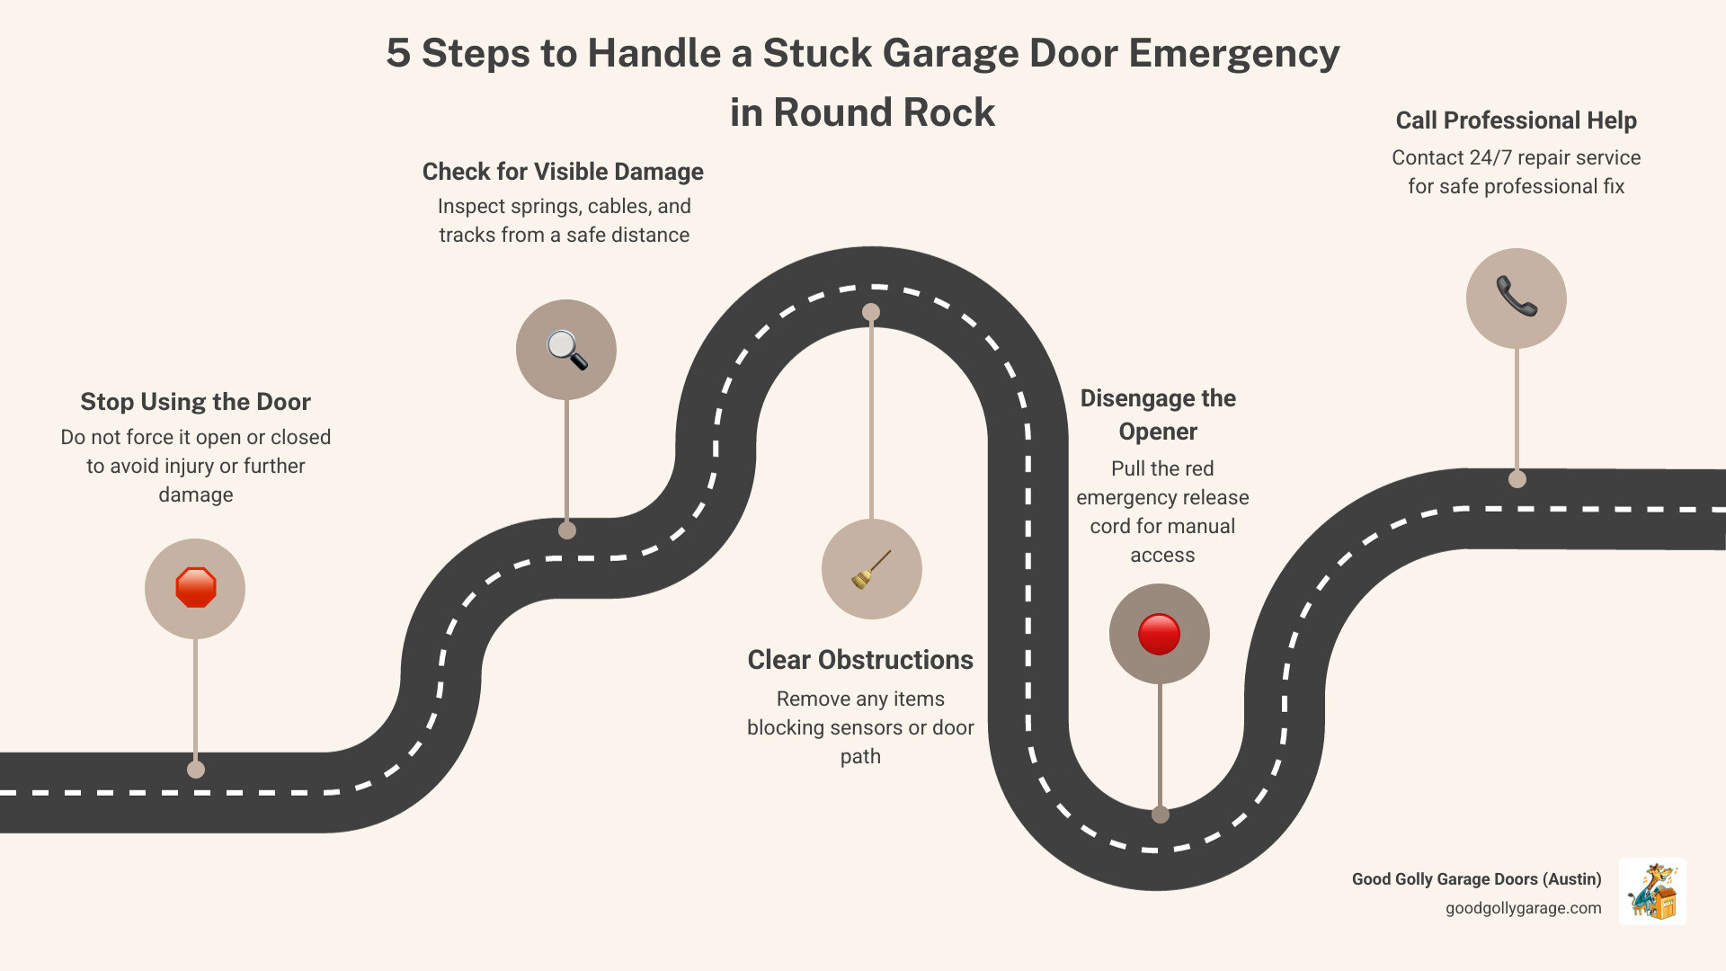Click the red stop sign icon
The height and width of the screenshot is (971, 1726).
point(195,588)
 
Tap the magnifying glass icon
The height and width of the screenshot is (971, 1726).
point(566,350)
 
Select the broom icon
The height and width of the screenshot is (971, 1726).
point(871,569)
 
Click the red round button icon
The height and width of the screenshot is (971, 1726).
point(1159,634)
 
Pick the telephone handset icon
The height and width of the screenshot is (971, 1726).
point(1516,298)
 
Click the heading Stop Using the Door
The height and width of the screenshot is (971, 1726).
point(195,402)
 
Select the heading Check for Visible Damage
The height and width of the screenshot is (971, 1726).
point(563,172)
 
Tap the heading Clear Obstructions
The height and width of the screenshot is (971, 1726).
point(860,660)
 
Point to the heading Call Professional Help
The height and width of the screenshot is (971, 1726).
point(1516,120)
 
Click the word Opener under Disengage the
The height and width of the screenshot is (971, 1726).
point(1158,432)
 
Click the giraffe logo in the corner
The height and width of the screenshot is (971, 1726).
point(1652,891)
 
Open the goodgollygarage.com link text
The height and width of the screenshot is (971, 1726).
point(1523,908)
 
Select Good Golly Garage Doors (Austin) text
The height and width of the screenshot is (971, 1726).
point(1476,879)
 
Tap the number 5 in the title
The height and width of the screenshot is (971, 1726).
point(398,54)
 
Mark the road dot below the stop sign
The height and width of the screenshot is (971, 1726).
point(196,770)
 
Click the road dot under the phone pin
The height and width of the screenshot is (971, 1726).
point(1517,479)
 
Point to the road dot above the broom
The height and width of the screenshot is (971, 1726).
point(871,312)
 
